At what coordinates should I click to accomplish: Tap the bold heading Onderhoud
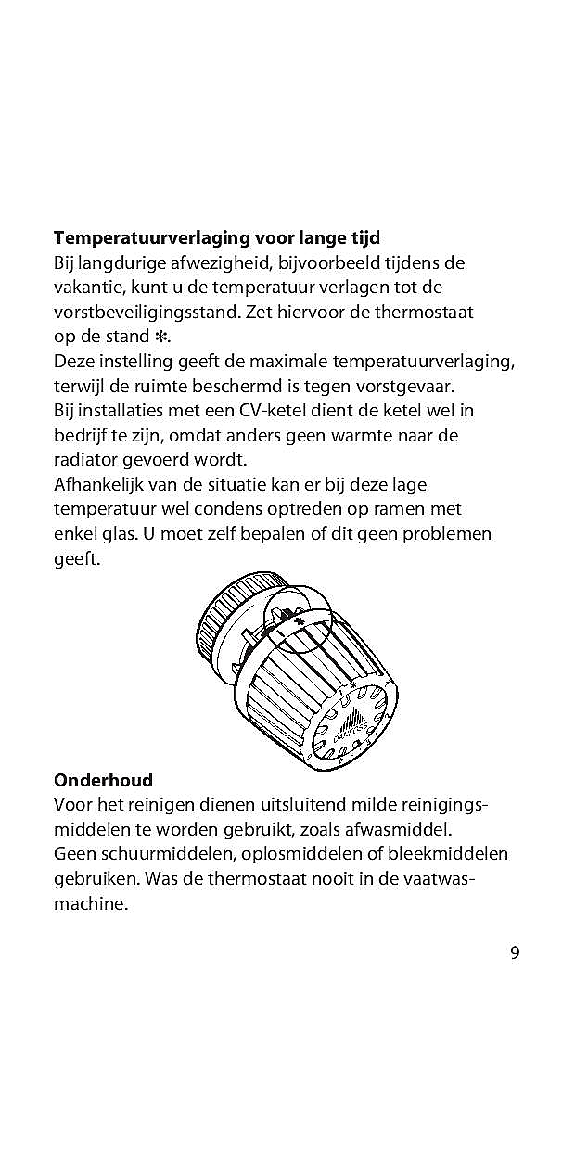[x=103, y=779]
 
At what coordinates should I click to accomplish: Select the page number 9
[x=515, y=952]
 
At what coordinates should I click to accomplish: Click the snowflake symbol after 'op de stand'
[x=161, y=336]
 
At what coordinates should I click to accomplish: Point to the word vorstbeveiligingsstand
[x=147, y=312]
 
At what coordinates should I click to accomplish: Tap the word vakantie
[x=88, y=287]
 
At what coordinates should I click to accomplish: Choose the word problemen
[x=441, y=533]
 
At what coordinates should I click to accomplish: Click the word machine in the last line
[x=90, y=903]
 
